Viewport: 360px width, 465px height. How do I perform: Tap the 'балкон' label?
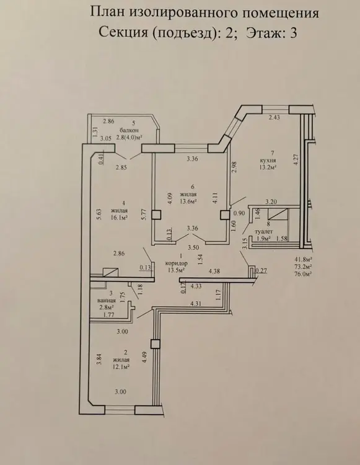tap(129, 130)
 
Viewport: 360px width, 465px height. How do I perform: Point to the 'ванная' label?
tap(107, 300)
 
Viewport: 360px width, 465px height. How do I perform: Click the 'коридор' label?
tap(177, 263)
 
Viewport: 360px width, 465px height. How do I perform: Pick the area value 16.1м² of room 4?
tap(120, 218)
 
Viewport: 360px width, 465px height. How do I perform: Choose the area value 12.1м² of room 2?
tap(121, 366)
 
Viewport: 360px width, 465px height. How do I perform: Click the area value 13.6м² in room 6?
tap(189, 201)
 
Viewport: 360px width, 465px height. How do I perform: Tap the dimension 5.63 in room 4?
tap(99, 214)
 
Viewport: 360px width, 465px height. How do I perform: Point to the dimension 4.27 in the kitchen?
tap(296, 160)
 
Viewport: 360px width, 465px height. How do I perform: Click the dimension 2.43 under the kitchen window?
tap(274, 117)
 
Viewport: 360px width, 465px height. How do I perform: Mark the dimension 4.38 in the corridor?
tap(214, 270)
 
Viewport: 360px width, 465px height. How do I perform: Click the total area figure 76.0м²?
tap(302, 274)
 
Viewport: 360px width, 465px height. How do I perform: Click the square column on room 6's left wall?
tap(156, 215)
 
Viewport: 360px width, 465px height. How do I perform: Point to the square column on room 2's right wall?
tap(155, 344)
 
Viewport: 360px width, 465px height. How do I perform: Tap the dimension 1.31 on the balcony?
tap(95, 131)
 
